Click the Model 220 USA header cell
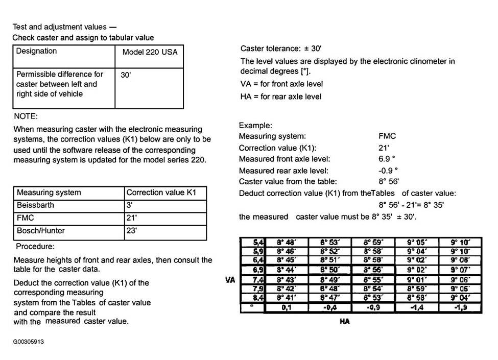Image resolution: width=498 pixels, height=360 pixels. (x=150, y=52)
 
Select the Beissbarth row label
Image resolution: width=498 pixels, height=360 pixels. (x=35, y=205)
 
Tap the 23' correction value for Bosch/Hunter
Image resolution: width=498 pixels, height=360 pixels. (x=132, y=231)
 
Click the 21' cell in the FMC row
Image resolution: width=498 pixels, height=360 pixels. (x=132, y=218)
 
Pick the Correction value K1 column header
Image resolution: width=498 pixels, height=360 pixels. (x=160, y=193)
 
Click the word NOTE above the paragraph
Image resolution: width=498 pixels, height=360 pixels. (x=26, y=116)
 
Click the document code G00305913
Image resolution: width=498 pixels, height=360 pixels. (x=29, y=342)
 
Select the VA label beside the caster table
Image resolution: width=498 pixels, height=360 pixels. (x=229, y=280)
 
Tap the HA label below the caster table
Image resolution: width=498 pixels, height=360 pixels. (x=345, y=322)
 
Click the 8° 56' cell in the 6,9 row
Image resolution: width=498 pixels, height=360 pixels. (x=374, y=269)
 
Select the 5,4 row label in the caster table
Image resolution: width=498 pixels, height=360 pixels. (x=258, y=242)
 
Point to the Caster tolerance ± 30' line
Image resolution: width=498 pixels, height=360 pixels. (x=280, y=49)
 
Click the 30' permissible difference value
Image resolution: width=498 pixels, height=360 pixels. (x=126, y=75)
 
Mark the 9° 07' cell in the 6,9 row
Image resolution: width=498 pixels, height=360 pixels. (x=462, y=269)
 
